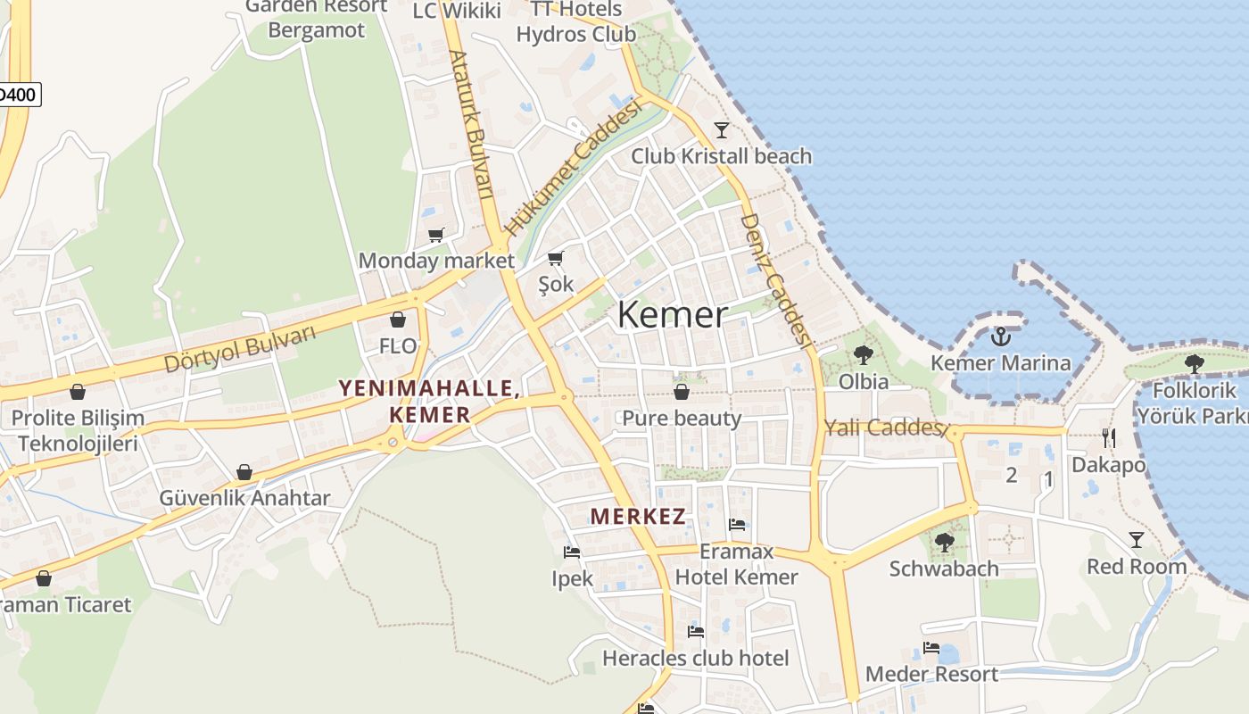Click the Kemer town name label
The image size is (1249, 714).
tap(672, 315)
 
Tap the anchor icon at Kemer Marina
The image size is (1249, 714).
tap(1000, 337)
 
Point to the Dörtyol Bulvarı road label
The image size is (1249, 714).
tap(241, 349)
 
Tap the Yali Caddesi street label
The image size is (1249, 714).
tap(885, 428)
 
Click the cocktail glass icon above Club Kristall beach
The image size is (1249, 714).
tap(722, 130)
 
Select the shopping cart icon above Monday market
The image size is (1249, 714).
tap(435, 236)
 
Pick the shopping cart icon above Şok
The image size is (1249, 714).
tap(556, 259)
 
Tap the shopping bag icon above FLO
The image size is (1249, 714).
tap(398, 320)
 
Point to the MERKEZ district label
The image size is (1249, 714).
tap(638, 516)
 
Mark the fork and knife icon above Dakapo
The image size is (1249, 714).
tap(1108, 437)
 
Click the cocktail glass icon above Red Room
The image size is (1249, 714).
tap(1136, 540)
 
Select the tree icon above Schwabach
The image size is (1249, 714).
tap(944, 542)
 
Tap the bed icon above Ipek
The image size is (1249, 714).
tap(572, 552)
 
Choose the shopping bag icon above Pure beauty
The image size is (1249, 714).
tap(682, 392)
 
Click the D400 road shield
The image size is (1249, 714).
tap(18, 95)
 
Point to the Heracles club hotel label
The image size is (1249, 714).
tap(696, 659)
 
